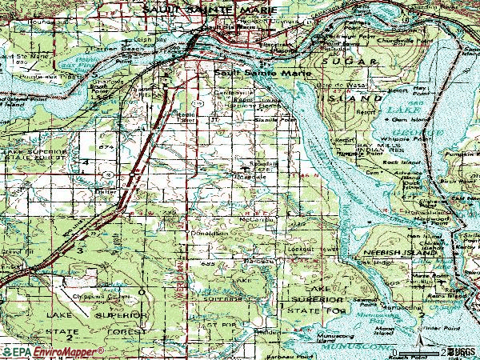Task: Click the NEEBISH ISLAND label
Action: point(377,250)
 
